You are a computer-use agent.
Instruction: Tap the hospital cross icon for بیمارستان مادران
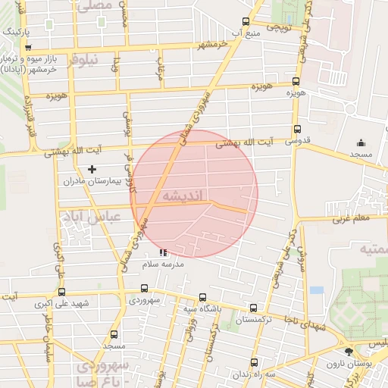click(92, 169)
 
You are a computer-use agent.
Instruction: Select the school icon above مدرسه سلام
click(163, 252)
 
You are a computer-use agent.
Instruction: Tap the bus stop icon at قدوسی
click(296, 129)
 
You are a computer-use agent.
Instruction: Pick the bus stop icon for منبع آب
click(245, 22)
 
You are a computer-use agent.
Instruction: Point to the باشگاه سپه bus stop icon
click(202, 298)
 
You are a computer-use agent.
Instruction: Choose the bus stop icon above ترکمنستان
click(253, 308)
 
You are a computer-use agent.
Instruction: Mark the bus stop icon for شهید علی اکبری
click(61, 292)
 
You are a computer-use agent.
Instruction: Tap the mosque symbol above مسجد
click(361, 142)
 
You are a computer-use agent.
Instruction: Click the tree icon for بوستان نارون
click(349, 352)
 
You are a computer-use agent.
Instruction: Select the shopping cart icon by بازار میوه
click(28, 47)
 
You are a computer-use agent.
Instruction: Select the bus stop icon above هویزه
click(296, 81)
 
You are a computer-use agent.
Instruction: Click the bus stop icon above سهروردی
click(145, 289)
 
